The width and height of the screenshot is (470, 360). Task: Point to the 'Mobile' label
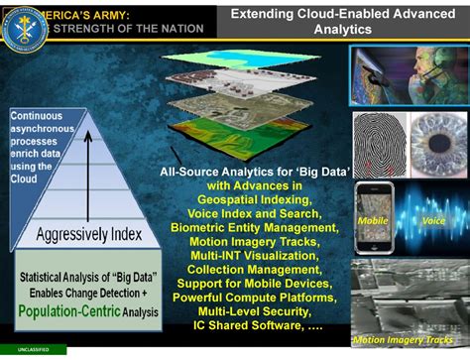(x=373, y=220)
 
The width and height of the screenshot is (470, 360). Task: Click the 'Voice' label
(x=433, y=221)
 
